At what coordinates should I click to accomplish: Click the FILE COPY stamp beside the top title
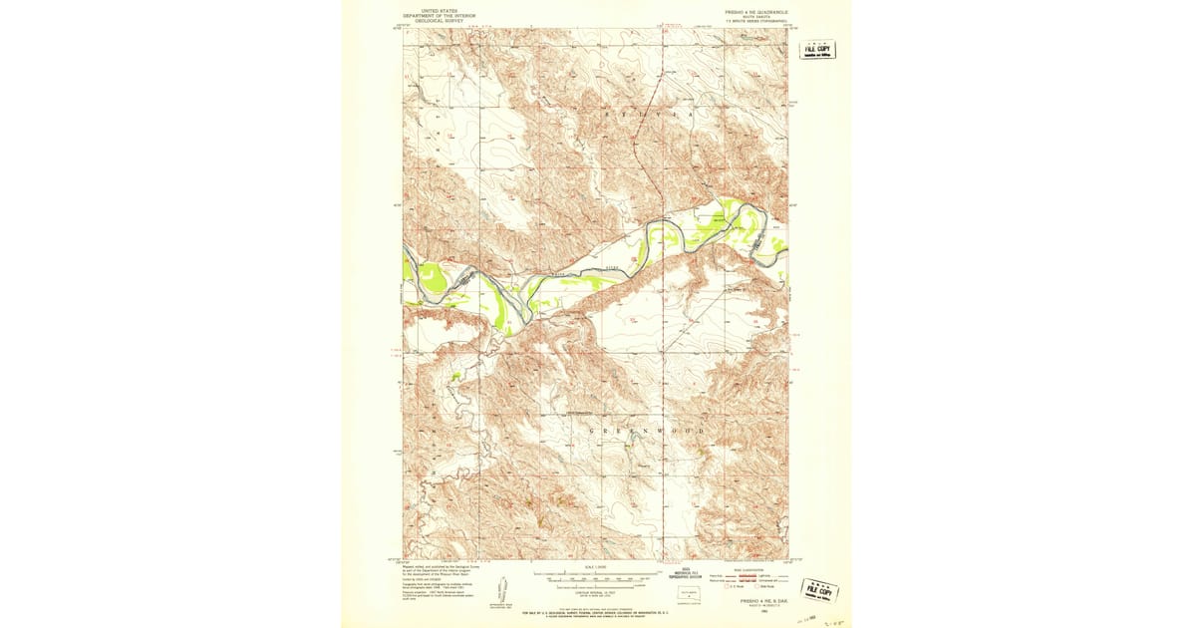point(818,51)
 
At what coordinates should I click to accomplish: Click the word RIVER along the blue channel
point(613,268)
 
